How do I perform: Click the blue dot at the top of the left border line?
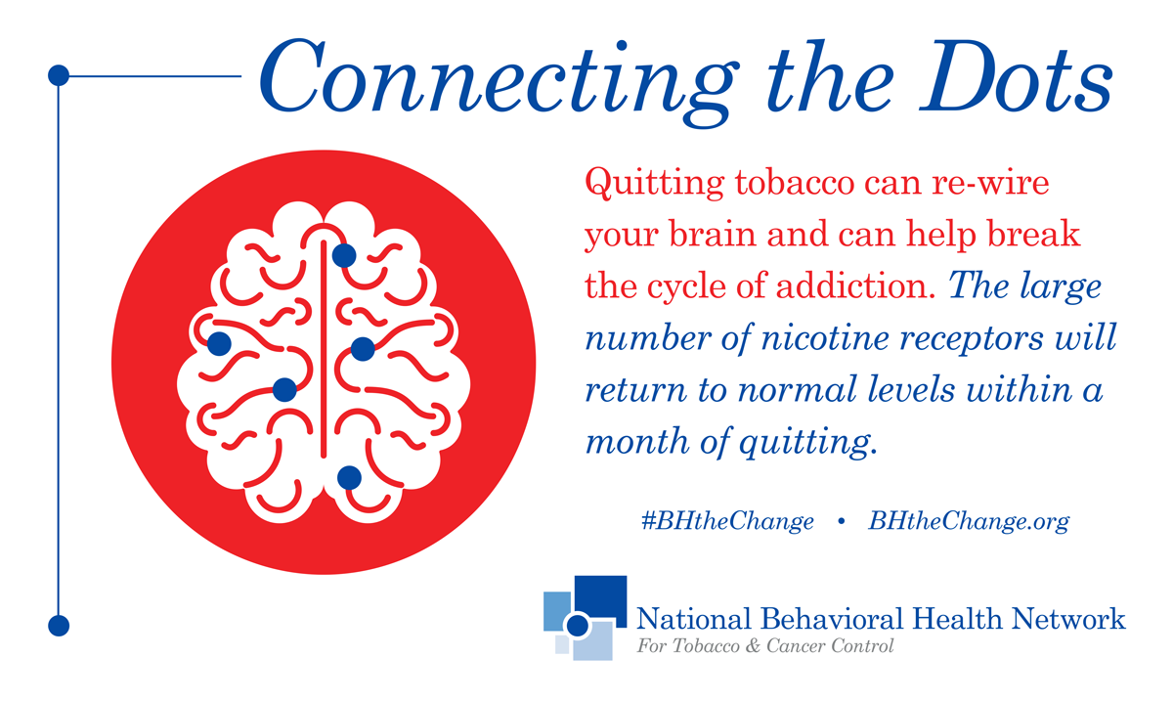pyautogui.click(x=59, y=75)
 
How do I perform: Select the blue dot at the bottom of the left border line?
pyautogui.click(x=59, y=626)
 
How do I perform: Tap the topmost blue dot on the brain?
pyautogui.click(x=344, y=256)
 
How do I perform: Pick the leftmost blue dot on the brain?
pyautogui.click(x=219, y=344)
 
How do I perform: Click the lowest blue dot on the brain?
pyautogui.click(x=349, y=478)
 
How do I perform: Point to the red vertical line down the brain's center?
pyautogui.click(x=324, y=349)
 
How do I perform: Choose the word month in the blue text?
pyautogui.click(x=637, y=441)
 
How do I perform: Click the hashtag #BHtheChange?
pyautogui.click(x=727, y=522)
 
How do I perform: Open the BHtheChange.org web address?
pyautogui.click(x=969, y=522)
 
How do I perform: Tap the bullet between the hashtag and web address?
pyautogui.click(x=842, y=521)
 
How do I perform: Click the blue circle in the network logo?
pyautogui.click(x=578, y=626)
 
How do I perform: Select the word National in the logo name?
pyautogui.click(x=693, y=619)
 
